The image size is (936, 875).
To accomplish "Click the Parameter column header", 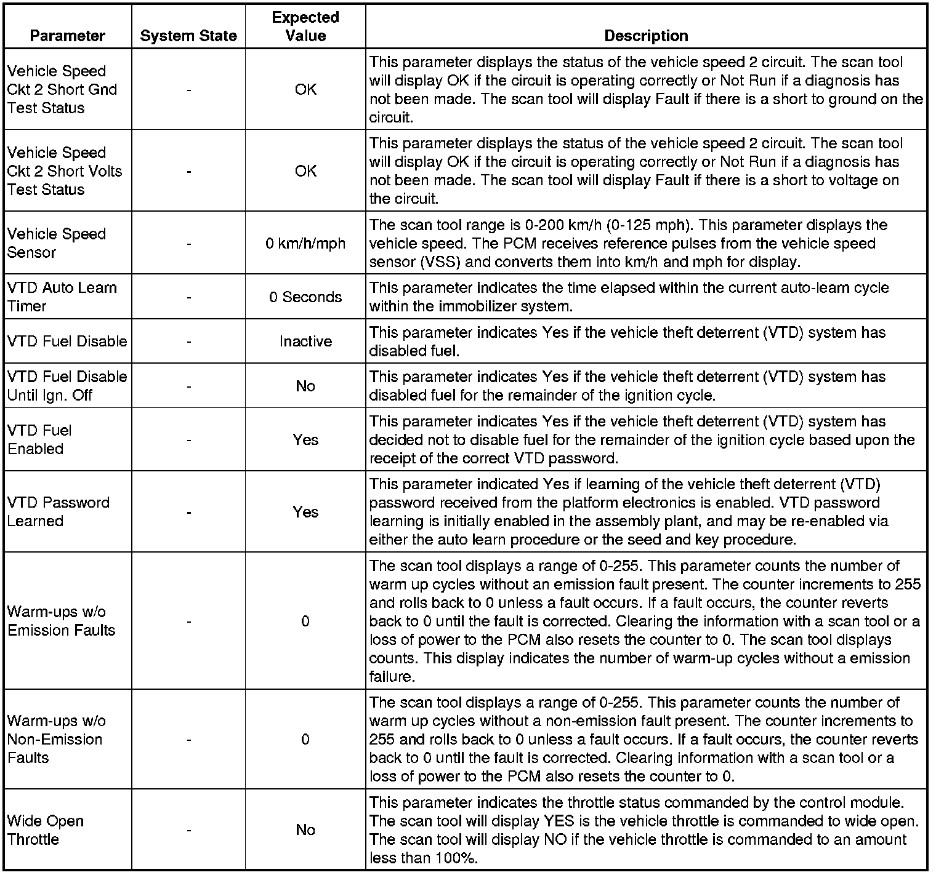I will pyautogui.click(x=67, y=36).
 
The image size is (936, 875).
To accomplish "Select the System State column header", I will pyautogui.click(x=188, y=36).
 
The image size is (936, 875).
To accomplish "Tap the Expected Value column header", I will pyautogui.click(x=305, y=26).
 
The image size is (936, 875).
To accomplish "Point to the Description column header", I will pyautogui.click(x=646, y=36).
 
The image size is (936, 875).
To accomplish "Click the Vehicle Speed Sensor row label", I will pyautogui.click(x=57, y=243).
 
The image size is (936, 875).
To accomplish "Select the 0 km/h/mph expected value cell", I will pyautogui.click(x=305, y=244).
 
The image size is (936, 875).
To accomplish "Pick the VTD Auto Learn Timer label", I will pyautogui.click(x=62, y=297).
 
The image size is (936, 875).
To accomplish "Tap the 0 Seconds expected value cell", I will pyautogui.click(x=305, y=297).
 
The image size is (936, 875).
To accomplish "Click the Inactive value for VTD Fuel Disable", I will pyautogui.click(x=305, y=342).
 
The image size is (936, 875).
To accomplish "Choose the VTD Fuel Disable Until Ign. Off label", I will pyautogui.click(x=67, y=386).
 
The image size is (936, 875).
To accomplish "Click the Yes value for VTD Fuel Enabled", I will pyautogui.click(x=305, y=440).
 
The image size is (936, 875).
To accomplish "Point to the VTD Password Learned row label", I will pyautogui.click(x=58, y=511).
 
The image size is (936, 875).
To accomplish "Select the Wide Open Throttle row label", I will pyautogui.click(x=46, y=830).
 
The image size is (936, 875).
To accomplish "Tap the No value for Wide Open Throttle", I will pyautogui.click(x=305, y=830).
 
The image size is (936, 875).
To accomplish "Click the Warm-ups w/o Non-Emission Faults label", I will pyautogui.click(x=56, y=739).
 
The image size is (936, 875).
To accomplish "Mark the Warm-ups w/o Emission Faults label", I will pyautogui.click(x=61, y=621).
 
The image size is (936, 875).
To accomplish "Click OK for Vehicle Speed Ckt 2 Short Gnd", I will pyautogui.click(x=305, y=90).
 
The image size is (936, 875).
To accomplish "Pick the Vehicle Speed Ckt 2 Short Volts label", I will pyautogui.click(x=65, y=171).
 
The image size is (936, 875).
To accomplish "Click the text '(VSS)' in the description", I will pyautogui.click(x=441, y=262).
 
